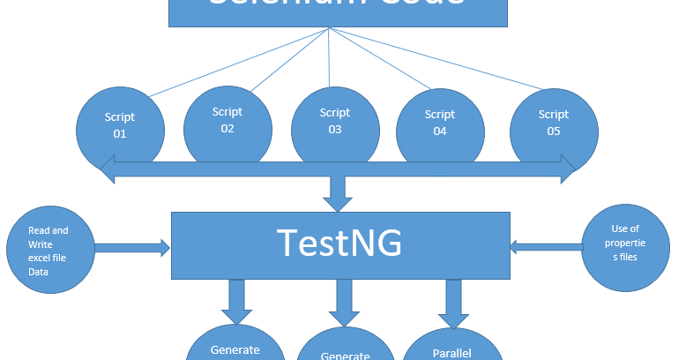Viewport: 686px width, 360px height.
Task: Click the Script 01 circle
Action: click(120, 125)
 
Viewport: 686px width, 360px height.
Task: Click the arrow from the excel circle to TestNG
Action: click(132, 248)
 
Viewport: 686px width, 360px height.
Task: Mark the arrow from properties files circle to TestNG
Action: click(546, 247)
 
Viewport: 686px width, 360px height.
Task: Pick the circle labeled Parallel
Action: click(452, 349)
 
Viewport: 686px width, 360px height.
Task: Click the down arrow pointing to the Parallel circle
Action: click(451, 300)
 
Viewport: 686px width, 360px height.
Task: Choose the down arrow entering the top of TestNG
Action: click(338, 194)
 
